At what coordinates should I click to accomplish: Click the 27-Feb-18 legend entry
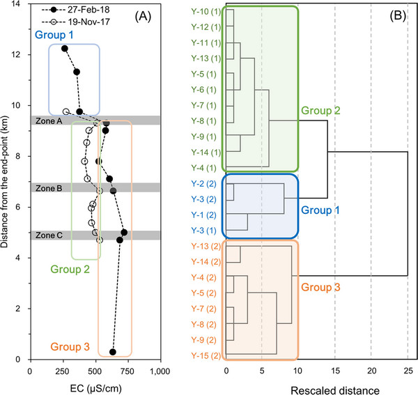tap(75, 10)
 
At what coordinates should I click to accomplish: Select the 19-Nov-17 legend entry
tap(75, 22)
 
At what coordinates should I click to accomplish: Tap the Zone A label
tap(49, 121)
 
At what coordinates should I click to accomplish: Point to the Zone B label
tap(49, 188)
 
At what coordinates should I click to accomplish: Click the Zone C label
tap(49, 235)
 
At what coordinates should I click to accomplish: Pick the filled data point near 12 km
tap(65, 49)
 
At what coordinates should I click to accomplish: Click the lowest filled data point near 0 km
tap(112, 352)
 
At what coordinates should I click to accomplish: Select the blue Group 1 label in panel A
tap(54, 35)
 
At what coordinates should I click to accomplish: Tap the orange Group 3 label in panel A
tap(70, 347)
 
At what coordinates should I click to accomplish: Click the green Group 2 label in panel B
tap(320, 110)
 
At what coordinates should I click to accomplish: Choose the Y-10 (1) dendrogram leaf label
tap(206, 11)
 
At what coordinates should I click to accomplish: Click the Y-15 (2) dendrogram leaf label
tap(206, 355)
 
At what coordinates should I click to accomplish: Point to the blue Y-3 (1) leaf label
tap(203, 231)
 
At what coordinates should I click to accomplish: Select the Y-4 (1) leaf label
tap(203, 168)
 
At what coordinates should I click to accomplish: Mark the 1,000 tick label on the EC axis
tap(160, 371)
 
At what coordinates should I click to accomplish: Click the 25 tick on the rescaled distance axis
tap(408, 371)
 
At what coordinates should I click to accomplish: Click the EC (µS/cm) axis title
tap(95, 389)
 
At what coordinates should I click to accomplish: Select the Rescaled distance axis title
tap(335, 390)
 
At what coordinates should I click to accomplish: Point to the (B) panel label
tap(398, 16)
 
